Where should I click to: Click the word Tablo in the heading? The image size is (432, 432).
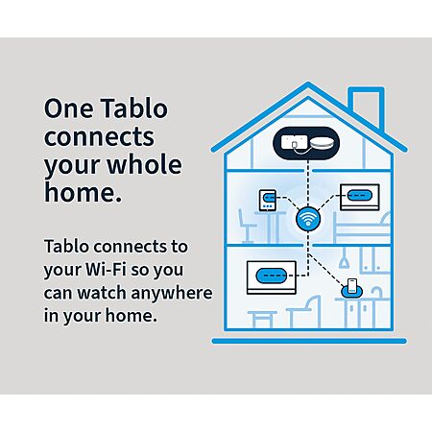[134, 108]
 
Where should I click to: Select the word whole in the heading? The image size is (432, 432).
[144, 164]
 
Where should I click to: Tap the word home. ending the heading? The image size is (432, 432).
[83, 192]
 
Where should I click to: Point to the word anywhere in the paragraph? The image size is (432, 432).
[172, 293]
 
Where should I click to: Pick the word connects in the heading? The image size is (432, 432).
[99, 136]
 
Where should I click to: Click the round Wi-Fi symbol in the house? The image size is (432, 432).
[308, 219]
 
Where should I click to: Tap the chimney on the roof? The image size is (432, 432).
[366, 106]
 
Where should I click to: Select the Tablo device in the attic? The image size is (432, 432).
[306, 143]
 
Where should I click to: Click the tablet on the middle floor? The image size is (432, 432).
[268, 201]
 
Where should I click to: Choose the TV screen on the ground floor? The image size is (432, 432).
[272, 277]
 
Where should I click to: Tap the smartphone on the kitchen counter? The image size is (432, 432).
[352, 286]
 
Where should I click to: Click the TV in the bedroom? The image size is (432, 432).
[359, 197]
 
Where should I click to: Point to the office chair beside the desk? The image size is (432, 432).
[247, 226]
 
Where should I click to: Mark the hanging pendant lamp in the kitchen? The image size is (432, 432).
[344, 258]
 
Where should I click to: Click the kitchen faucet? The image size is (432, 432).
[377, 292]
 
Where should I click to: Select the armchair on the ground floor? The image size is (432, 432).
[304, 312]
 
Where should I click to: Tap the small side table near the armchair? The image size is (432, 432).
[262, 319]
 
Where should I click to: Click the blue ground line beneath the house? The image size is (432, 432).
[309, 341]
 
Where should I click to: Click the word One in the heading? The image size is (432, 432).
[68, 108]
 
